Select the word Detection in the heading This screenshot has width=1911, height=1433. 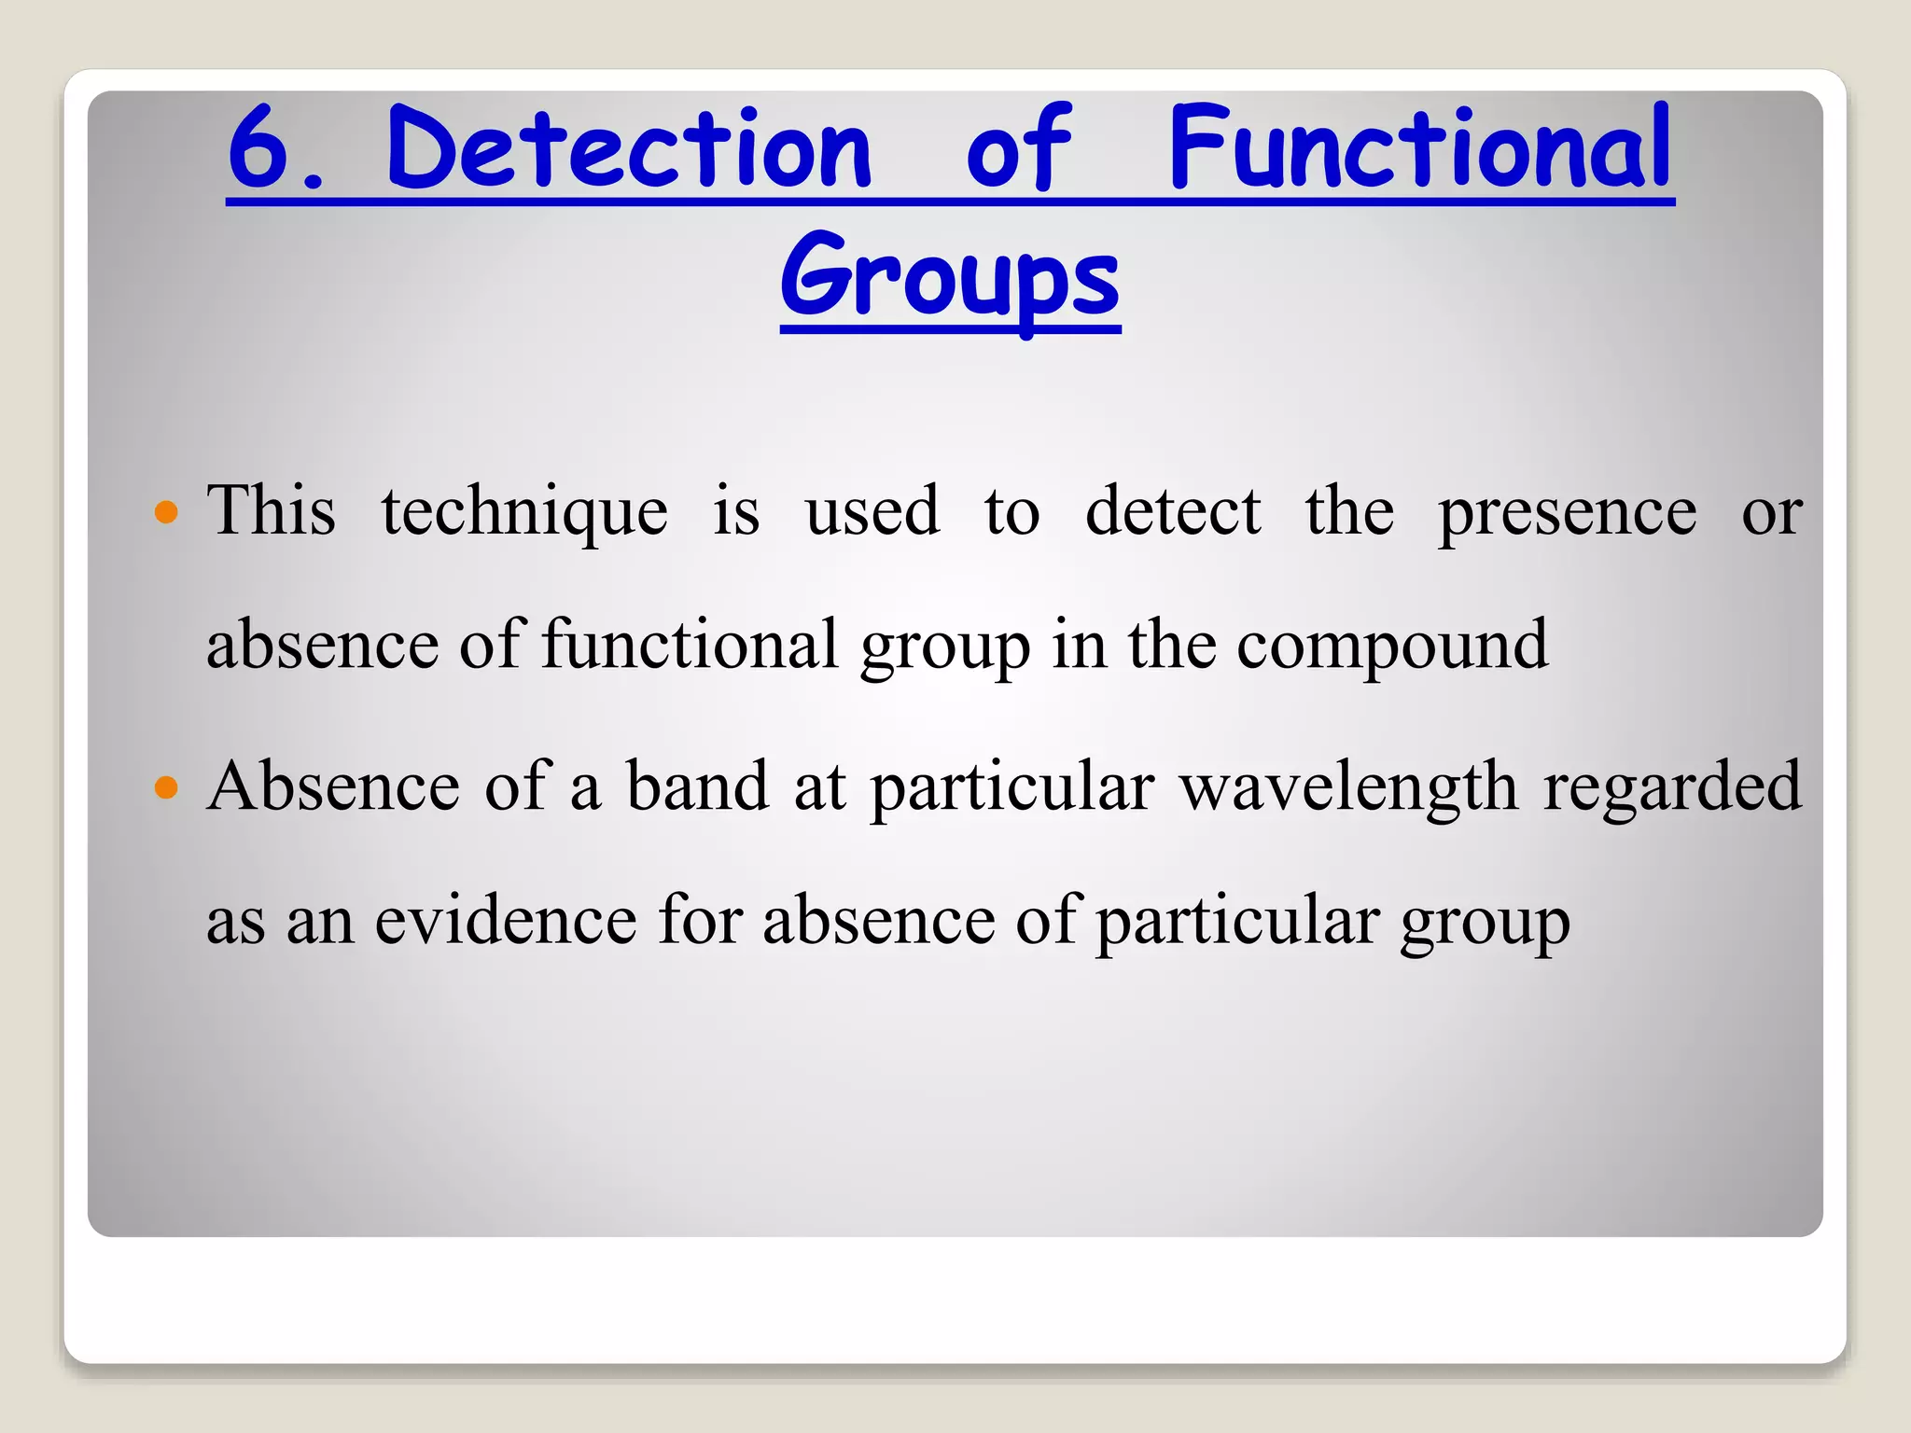tap(629, 148)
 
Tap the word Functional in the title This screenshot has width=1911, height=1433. tap(1419, 148)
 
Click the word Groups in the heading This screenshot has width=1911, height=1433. tap(950, 279)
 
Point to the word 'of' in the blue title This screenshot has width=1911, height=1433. tap(1019, 148)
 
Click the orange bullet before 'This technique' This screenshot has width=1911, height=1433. tap(166, 511)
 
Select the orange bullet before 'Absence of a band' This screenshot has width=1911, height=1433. tap(166, 788)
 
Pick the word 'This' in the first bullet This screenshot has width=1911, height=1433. tap(272, 511)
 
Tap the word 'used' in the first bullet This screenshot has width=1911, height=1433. tap(872, 511)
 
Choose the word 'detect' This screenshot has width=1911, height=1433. tap(1173, 511)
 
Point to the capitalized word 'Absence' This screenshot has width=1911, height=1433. tap(333, 786)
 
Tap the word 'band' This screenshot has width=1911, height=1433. tap(697, 786)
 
